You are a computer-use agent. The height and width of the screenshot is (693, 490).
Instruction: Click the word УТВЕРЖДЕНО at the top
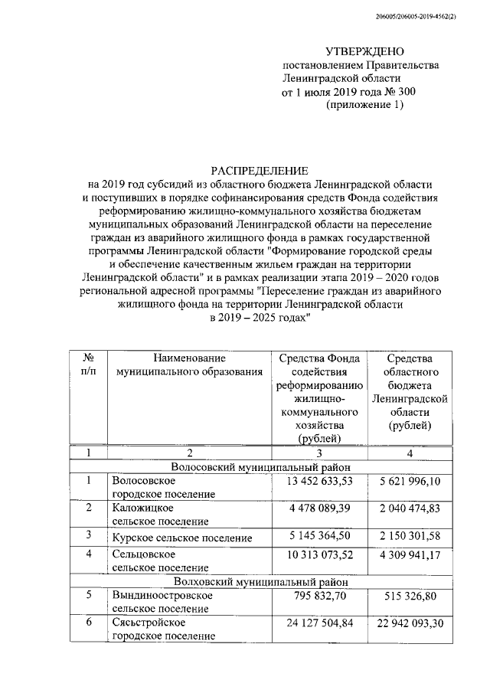pyautogui.click(x=364, y=52)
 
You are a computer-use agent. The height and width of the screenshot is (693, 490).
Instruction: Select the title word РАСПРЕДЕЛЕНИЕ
pyautogui.click(x=260, y=170)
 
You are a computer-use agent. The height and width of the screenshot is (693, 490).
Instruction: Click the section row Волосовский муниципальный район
pyautogui.click(x=260, y=466)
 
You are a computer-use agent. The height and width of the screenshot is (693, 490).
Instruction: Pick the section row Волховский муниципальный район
pyautogui.click(x=260, y=581)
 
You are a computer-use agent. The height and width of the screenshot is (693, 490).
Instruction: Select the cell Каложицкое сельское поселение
pyautogui.click(x=160, y=514)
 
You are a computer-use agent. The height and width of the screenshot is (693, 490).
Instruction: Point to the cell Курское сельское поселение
pyautogui.click(x=181, y=538)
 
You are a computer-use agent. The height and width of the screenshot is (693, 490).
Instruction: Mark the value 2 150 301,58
pyautogui.click(x=409, y=535)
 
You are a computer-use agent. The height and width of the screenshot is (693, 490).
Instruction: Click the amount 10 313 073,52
pyautogui.click(x=319, y=553)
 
